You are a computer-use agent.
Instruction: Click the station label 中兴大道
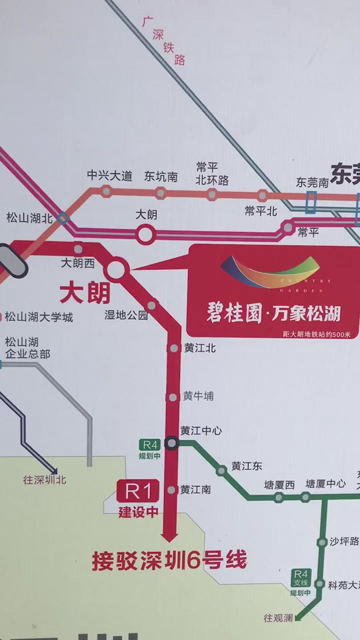pyautogui.click(x=110, y=176)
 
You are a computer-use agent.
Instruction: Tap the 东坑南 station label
pyautogui.click(x=161, y=176)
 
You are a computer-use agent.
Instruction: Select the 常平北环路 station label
pyautogui.click(x=212, y=173)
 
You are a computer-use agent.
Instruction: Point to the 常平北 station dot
pyautogui.click(x=263, y=195)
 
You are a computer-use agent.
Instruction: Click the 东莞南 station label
pyautogui.click(x=313, y=182)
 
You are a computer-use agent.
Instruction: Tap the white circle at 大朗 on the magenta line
pyautogui.click(x=145, y=233)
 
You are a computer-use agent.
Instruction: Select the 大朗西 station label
pyautogui.click(x=78, y=263)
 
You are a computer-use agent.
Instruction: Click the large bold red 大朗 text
pyautogui.click(x=85, y=292)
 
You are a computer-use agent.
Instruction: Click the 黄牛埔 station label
pyautogui.click(x=199, y=396)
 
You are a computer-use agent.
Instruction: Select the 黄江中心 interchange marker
pyautogui.click(x=173, y=442)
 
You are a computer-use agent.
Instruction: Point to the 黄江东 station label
pyautogui.click(x=247, y=466)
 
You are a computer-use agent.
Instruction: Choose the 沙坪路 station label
pyautogui.click(x=344, y=541)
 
